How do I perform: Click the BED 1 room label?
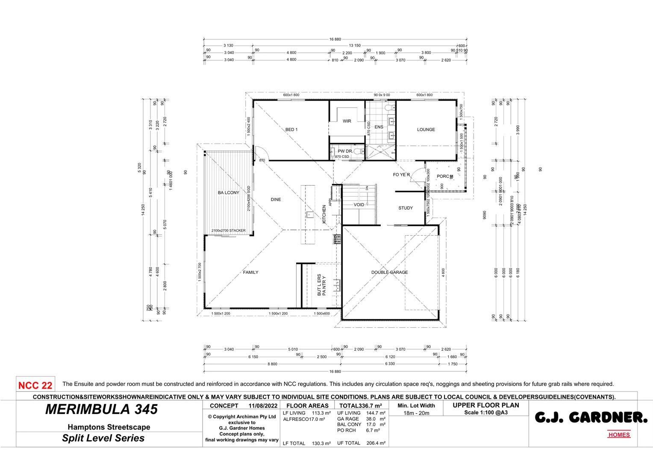(x=291, y=130)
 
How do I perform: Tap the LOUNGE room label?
(x=426, y=130)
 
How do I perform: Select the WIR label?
(x=347, y=121)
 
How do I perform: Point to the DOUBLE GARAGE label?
(x=389, y=272)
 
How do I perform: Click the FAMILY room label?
(x=250, y=272)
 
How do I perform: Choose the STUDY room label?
(x=405, y=208)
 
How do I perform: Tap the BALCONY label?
(x=228, y=193)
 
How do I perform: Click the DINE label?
(x=276, y=200)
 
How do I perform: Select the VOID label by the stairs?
(x=359, y=205)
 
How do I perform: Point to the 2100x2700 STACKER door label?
(x=228, y=231)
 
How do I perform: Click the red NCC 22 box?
(x=35, y=385)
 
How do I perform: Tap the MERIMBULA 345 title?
(x=102, y=410)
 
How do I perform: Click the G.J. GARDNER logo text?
(x=591, y=418)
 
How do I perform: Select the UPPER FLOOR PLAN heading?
(x=486, y=405)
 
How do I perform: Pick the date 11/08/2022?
(x=263, y=406)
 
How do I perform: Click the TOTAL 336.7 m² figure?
(x=360, y=406)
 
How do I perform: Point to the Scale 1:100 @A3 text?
(x=486, y=413)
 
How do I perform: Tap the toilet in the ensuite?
(x=389, y=107)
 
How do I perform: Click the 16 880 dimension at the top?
(x=335, y=39)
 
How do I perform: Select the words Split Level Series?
(x=103, y=438)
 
